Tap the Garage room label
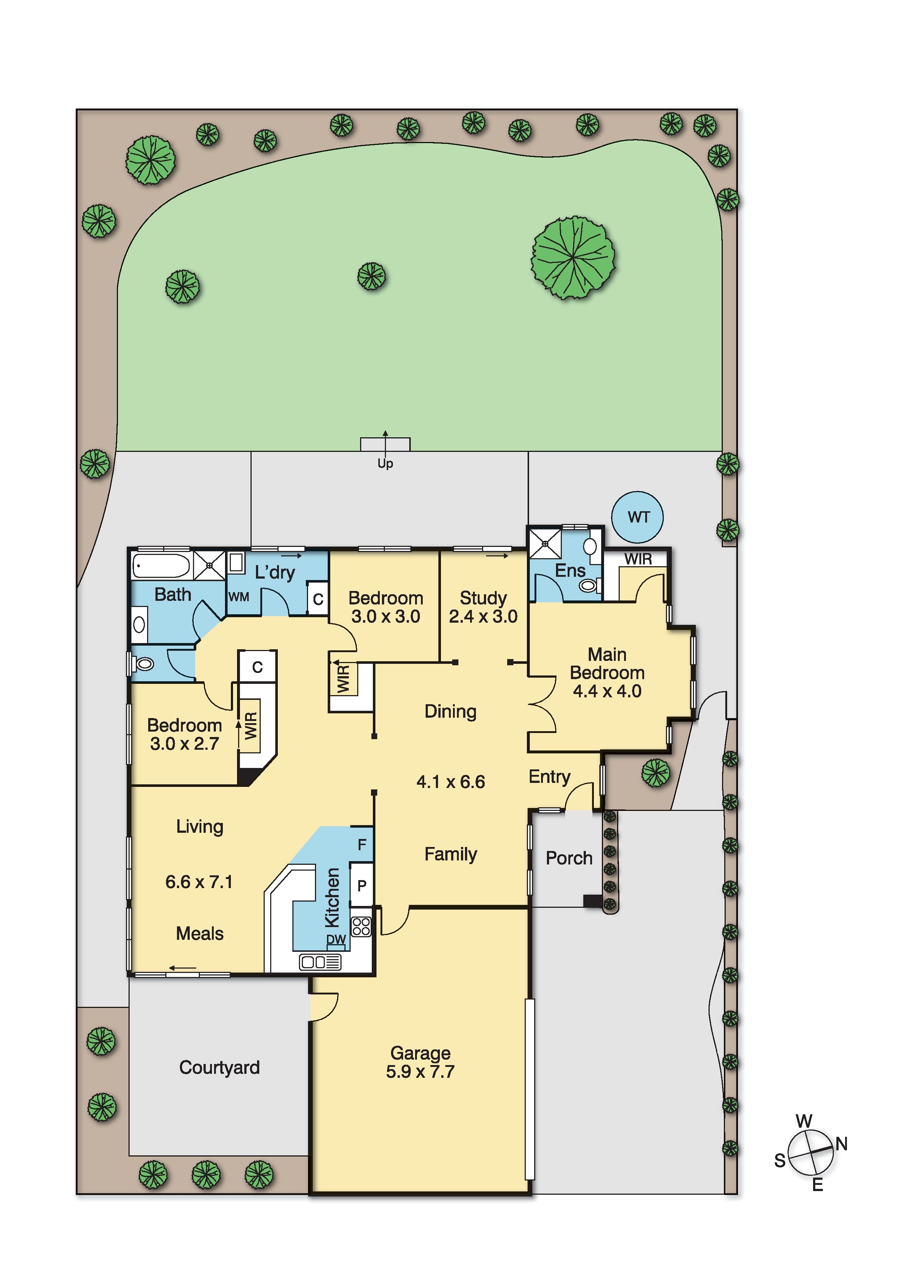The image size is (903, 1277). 420,1053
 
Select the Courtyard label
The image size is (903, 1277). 219,1067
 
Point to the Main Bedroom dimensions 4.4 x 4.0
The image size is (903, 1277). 607,691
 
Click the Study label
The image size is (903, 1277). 483,598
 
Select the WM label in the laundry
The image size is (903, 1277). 238,597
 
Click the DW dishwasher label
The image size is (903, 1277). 336,939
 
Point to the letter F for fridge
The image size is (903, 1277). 362,845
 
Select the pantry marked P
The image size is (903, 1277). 362,886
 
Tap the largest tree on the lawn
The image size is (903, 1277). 573,257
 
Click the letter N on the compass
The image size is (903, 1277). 841,1144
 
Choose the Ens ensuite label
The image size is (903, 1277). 570,570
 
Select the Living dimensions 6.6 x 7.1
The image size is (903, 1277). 199,882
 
